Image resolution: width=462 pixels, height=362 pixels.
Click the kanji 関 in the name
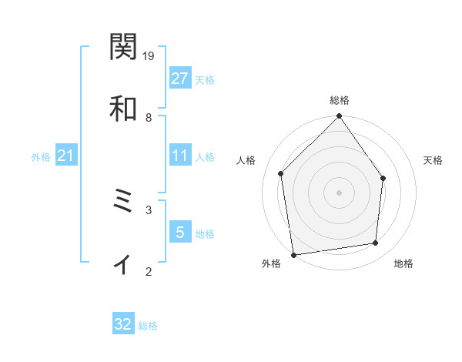[123, 48]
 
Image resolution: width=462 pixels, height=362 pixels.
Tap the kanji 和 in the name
[123, 109]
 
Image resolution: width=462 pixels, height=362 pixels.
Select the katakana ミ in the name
[123, 203]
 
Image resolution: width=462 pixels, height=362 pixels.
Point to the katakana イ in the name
[123, 265]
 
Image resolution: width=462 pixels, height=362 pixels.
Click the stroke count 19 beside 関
[149, 56]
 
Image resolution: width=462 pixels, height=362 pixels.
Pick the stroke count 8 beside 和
[149, 117]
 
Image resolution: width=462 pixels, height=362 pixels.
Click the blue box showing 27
[179, 79]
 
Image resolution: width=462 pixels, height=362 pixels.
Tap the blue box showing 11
[179, 156]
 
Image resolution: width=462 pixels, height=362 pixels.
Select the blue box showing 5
[179, 233]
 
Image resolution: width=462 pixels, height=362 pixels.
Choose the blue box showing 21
[66, 156]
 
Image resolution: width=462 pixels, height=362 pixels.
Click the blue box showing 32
[123, 325]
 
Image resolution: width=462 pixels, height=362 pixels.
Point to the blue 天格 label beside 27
[205, 79]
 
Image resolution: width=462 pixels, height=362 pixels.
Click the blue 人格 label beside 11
[205, 157]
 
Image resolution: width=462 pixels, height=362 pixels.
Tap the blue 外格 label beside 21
[41, 157]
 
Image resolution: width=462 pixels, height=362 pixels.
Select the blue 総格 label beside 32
[148, 326]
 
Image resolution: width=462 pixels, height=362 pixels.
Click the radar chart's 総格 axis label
[340, 100]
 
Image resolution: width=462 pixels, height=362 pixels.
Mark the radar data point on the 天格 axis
[383, 179]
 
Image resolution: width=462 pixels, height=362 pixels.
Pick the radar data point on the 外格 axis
[293, 254]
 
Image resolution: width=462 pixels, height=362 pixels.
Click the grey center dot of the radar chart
[340, 193]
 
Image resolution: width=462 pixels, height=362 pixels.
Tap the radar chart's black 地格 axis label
[403, 264]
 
